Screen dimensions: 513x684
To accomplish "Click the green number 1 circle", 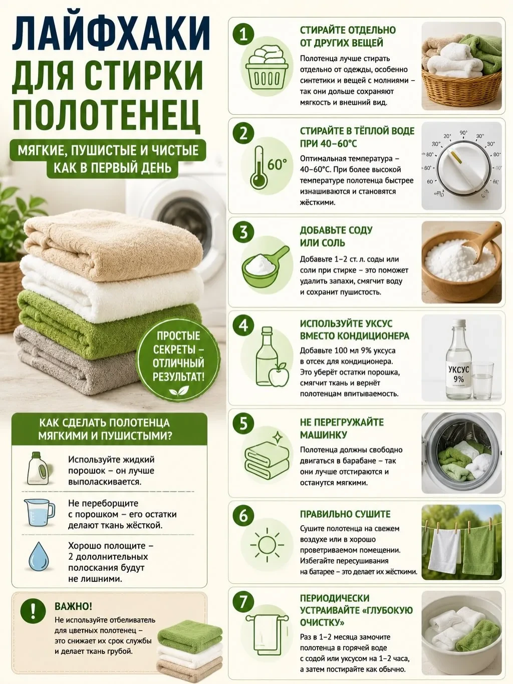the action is (x=243, y=34).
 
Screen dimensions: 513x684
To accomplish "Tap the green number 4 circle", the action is (x=243, y=326).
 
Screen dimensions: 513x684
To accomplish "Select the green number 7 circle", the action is (x=243, y=601).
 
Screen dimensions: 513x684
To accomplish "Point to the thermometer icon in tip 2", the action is (x=259, y=168).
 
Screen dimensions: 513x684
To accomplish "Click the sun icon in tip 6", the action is (x=267, y=545).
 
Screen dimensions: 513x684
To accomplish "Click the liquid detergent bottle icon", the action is (x=38, y=468).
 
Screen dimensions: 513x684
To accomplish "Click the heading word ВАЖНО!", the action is (x=73, y=606).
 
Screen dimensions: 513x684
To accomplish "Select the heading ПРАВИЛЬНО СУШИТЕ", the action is (x=345, y=514).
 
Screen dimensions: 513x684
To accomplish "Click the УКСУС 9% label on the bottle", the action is (x=458, y=374).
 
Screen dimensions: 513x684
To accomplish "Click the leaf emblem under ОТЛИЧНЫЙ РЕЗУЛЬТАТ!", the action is (x=179, y=390).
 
